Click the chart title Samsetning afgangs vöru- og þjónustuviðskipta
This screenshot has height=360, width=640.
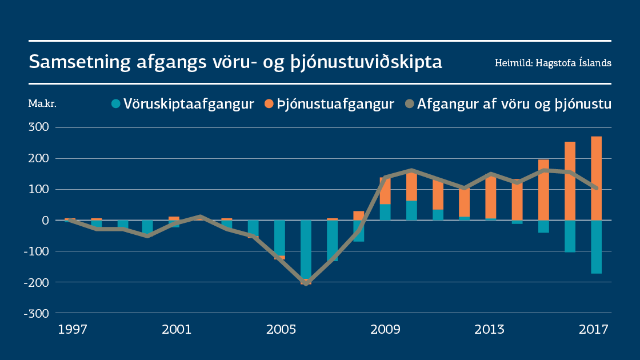(x=235, y=62)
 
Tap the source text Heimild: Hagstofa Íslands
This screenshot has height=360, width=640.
(x=553, y=63)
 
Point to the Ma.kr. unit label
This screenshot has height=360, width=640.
(x=42, y=104)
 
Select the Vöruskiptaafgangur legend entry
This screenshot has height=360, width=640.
(x=182, y=104)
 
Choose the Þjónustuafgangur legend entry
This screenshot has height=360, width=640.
(x=329, y=104)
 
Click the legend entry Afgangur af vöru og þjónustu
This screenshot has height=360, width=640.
(x=508, y=104)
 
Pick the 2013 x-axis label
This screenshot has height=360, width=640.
(x=489, y=330)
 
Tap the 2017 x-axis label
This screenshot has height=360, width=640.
(x=594, y=330)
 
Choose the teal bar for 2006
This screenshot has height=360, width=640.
(x=306, y=249)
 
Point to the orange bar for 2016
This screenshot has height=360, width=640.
(x=570, y=181)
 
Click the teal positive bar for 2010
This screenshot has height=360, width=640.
(x=411, y=210)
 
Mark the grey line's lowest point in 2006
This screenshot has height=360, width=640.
(x=306, y=283)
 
